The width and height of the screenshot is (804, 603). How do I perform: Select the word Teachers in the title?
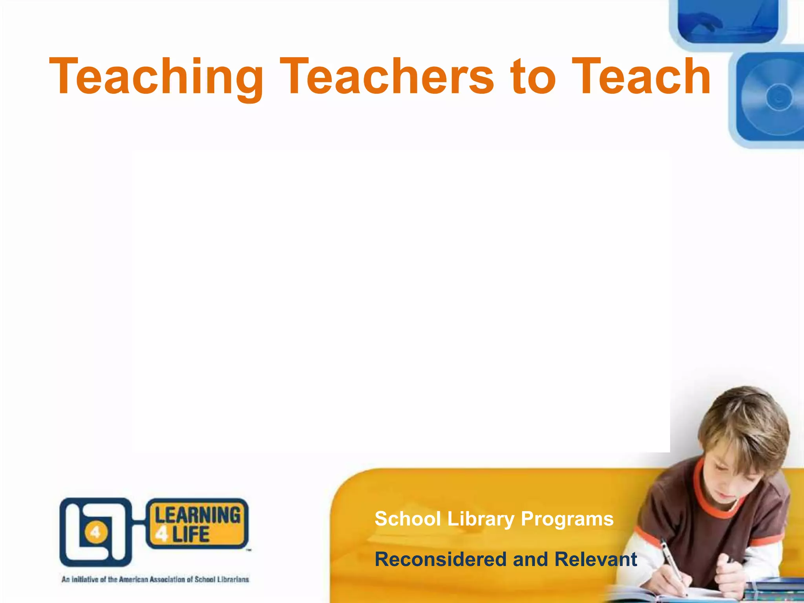[386, 76]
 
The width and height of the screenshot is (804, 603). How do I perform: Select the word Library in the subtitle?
[481, 519]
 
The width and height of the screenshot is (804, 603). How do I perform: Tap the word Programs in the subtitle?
[567, 519]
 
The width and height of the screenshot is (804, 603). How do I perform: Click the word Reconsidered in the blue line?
[440, 559]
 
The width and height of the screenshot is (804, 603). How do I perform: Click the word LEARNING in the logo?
[197, 515]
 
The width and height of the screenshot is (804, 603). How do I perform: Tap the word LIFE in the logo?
[191, 534]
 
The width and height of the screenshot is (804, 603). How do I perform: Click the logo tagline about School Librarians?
[155, 579]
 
